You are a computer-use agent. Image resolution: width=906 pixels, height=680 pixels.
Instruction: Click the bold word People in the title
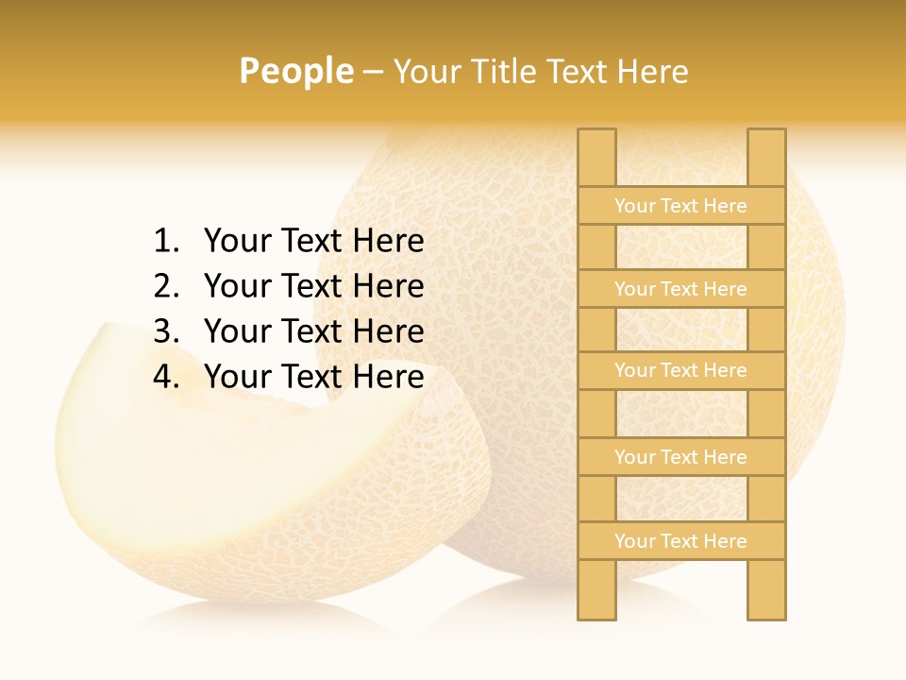pyautogui.click(x=296, y=71)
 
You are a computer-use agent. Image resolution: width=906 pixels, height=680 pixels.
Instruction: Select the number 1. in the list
pyautogui.click(x=166, y=242)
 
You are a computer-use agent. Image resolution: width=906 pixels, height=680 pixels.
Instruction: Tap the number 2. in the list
pyautogui.click(x=166, y=286)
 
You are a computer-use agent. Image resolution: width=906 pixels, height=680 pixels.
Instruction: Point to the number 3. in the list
pyautogui.click(x=166, y=331)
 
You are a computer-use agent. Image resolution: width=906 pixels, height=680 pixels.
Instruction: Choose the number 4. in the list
pyautogui.click(x=166, y=377)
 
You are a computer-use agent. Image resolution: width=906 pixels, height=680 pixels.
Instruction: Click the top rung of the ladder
pyautogui.click(x=680, y=206)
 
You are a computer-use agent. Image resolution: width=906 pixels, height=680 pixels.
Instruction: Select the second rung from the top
pyautogui.click(x=680, y=289)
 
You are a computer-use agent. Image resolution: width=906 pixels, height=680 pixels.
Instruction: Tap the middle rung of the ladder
pyautogui.click(x=680, y=370)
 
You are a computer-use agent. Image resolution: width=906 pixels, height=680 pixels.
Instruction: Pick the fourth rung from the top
pyautogui.click(x=680, y=457)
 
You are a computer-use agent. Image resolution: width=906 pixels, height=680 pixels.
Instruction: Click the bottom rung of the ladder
pyautogui.click(x=680, y=541)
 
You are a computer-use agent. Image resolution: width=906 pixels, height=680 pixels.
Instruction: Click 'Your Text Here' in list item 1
pyautogui.click(x=313, y=242)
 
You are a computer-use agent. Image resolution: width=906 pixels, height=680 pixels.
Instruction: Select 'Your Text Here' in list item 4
pyautogui.click(x=313, y=377)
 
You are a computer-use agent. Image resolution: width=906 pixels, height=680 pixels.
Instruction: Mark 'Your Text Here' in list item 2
pyautogui.click(x=313, y=286)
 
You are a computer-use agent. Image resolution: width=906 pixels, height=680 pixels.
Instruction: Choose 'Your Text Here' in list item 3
pyautogui.click(x=313, y=331)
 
